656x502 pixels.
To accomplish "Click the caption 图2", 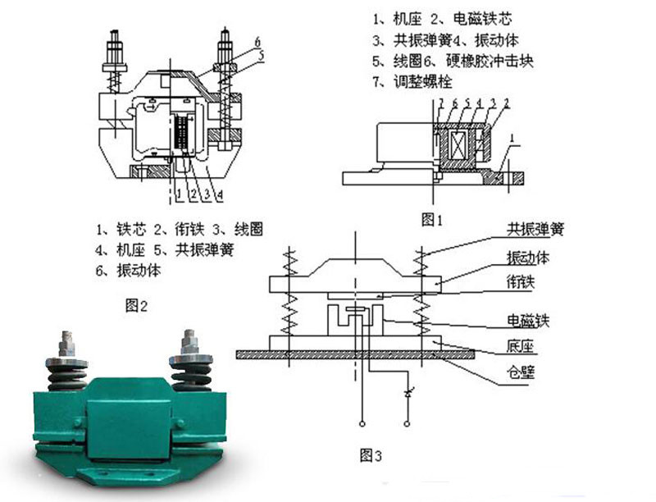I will [x=135, y=306].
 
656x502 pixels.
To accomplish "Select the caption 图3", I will [x=371, y=454].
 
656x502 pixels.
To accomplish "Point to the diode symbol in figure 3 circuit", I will [x=407, y=395].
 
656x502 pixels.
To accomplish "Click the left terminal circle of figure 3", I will [x=362, y=425].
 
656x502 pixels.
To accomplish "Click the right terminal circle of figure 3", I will [x=407, y=425].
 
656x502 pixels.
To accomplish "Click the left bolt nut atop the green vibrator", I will [x=65, y=340].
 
